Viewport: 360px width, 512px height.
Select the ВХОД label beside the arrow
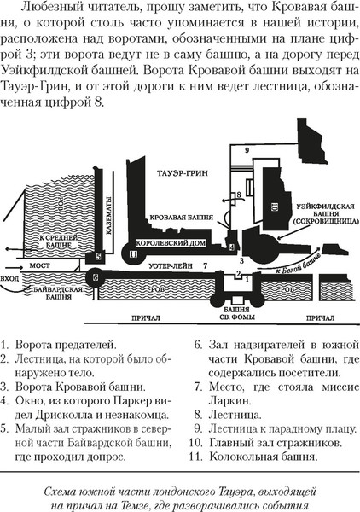(x=12, y=278)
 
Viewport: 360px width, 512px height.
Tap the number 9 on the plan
(x=247, y=151)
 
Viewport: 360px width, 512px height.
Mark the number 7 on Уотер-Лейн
(x=205, y=267)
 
